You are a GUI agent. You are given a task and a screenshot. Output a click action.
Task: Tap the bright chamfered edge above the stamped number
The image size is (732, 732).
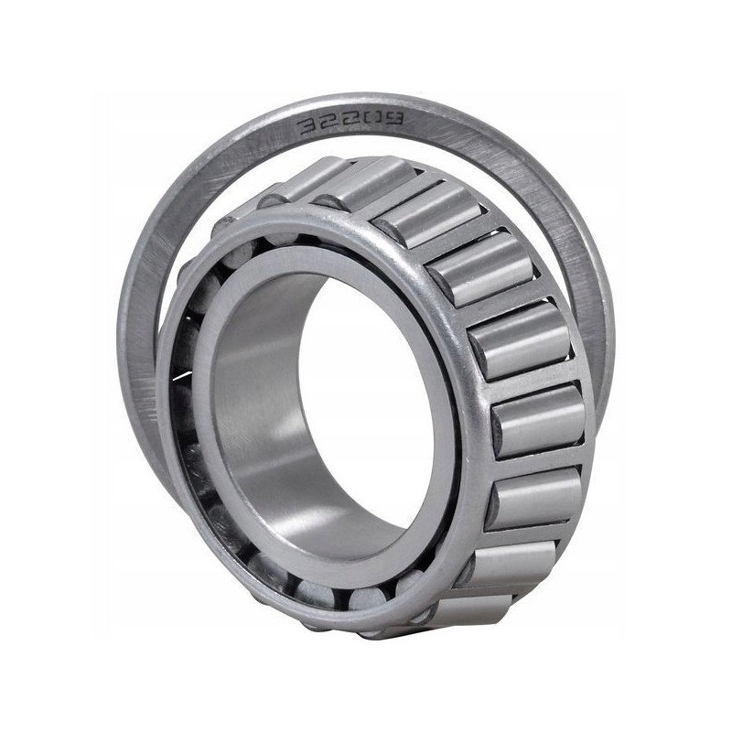pos(348,101)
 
